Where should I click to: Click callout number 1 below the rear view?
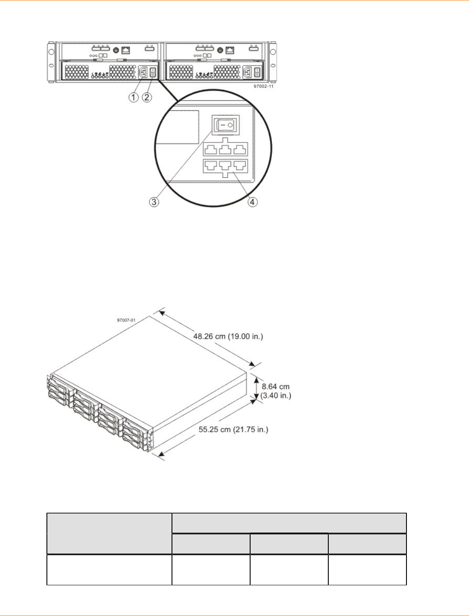coord(133,97)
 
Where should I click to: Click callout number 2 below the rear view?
coord(147,97)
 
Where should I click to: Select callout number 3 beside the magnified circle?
coord(154,202)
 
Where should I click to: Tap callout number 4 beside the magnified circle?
coord(252,202)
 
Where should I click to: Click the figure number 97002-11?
coord(264,86)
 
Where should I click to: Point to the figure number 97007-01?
coord(126,320)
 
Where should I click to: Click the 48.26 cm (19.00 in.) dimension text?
coord(228,336)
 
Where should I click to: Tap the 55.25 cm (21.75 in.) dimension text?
coord(233,430)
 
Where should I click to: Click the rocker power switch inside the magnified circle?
coord(226,126)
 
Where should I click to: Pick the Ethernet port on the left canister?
coord(126,50)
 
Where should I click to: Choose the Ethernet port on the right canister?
coord(230,50)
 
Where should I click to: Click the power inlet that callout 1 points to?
coord(143,72)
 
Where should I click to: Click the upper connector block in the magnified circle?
coord(225,148)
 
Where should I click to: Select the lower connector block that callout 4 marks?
coord(225,166)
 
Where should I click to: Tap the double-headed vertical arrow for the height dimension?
coord(257,387)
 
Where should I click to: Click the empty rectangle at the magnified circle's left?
coord(177,126)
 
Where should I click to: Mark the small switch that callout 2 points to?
coord(152,72)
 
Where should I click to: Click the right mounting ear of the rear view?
coord(273,62)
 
